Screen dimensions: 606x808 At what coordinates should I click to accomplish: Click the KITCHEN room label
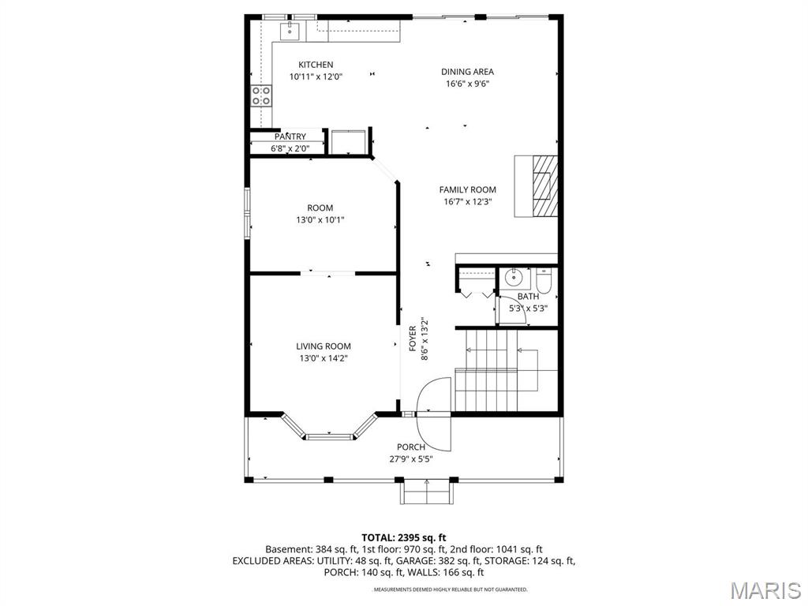315,65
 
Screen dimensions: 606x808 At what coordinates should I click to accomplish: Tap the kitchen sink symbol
290,31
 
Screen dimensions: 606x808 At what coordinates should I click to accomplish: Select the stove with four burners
262,95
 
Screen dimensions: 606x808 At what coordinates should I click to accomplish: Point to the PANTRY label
290,137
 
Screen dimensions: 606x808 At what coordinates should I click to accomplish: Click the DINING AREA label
467,72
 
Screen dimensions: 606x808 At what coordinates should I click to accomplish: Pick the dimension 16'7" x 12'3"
467,202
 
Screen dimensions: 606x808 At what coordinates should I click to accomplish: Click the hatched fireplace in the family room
543,185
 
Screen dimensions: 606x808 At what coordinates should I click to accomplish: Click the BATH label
528,297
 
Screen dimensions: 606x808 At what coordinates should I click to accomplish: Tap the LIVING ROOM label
324,346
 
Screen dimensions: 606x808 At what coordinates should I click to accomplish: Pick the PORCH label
411,447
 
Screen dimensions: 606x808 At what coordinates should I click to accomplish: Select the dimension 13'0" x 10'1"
320,220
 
